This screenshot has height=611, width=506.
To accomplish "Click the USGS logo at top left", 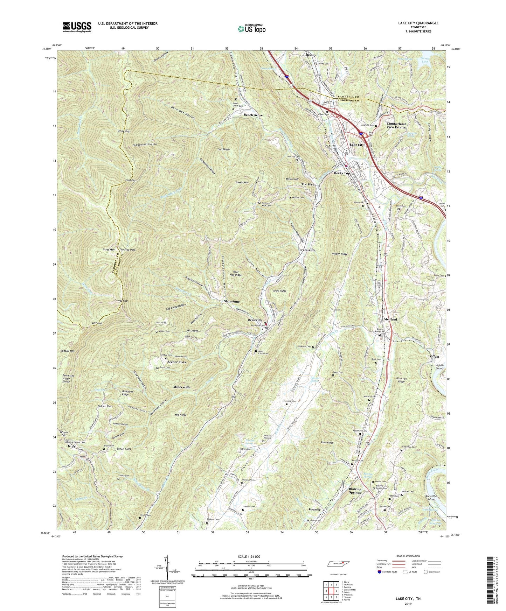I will pyautogui.click(x=77, y=27).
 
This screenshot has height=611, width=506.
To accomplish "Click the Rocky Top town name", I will pyautogui.click(x=342, y=173).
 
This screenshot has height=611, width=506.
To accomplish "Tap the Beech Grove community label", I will pyautogui.click(x=253, y=115).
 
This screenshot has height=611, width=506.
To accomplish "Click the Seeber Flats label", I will pyautogui.click(x=176, y=362).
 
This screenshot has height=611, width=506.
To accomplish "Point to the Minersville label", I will pyautogui.click(x=182, y=387).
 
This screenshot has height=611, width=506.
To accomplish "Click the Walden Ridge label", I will pyautogui.click(x=339, y=254).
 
